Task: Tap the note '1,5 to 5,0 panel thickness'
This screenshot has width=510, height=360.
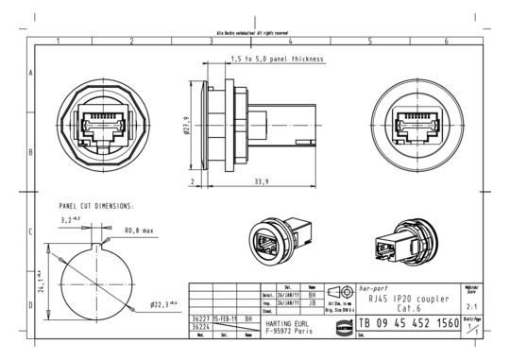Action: (x=277, y=59)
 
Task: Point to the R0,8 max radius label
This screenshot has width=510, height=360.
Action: (x=140, y=230)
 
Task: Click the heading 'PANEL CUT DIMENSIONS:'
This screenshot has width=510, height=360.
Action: (x=95, y=205)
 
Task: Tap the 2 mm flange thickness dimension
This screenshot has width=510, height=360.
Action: (x=192, y=181)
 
